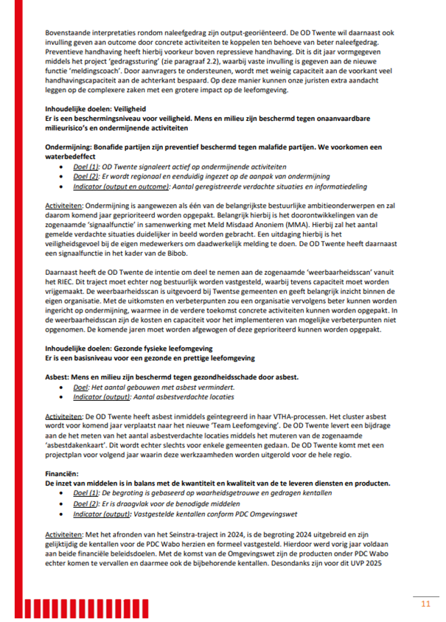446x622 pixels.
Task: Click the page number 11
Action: point(425,604)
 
